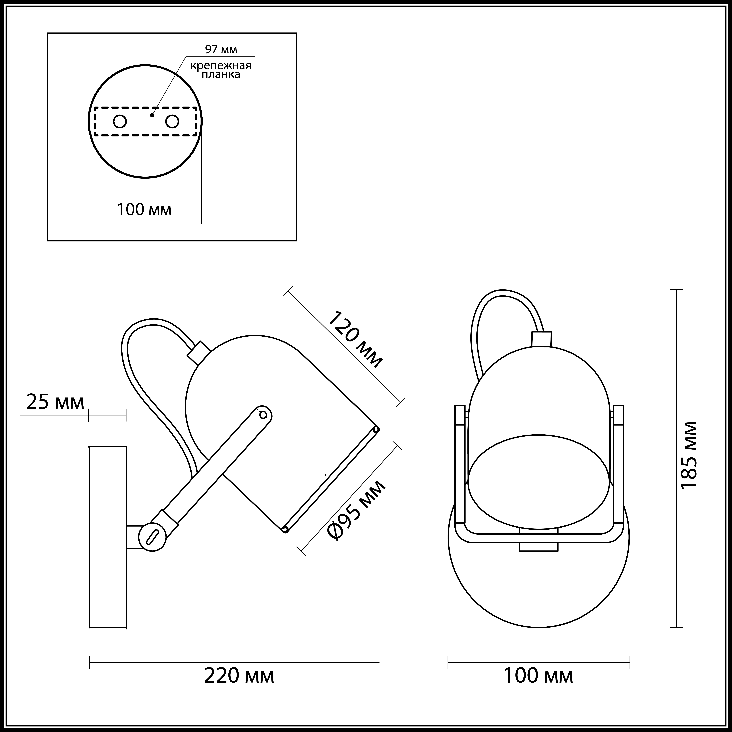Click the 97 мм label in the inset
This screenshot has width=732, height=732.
click(x=221, y=49)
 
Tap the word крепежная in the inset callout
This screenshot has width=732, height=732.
click(x=221, y=65)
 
